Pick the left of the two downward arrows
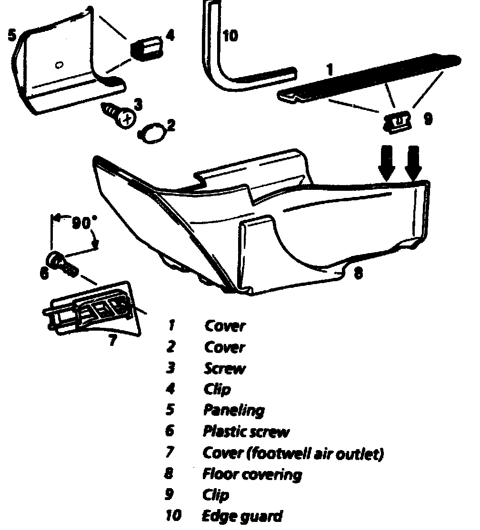(387, 162)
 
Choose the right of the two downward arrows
(413, 162)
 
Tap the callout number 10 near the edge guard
(230, 36)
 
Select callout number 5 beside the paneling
(12, 36)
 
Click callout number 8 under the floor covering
(358, 274)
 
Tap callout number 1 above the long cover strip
(330, 70)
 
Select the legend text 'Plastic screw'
(246, 432)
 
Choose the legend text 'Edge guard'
(242, 516)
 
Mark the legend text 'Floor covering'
(252, 474)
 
